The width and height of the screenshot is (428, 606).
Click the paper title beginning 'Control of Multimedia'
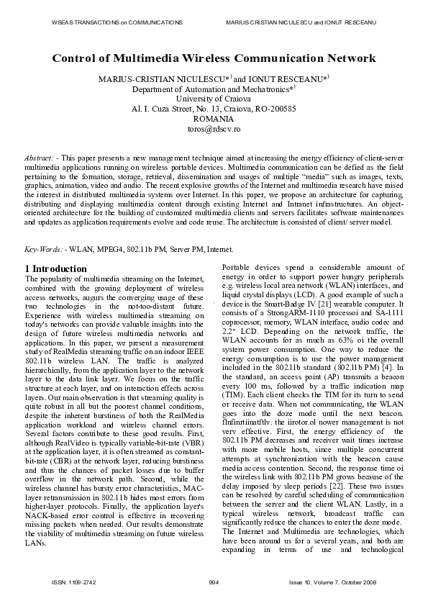coord(214,58)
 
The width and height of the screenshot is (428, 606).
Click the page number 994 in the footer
coord(214,582)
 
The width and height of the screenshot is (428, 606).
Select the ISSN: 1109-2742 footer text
coord(70,582)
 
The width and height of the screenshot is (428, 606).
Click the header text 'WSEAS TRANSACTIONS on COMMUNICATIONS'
coord(117,23)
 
